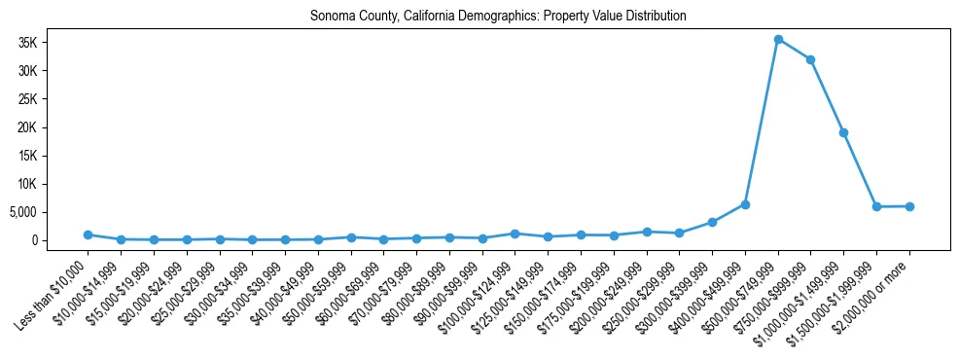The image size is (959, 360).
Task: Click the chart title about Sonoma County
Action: click(498, 16)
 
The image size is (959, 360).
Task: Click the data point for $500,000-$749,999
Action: click(778, 40)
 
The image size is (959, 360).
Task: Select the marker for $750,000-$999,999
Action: click(810, 59)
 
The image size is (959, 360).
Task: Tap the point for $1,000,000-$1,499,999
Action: click(843, 132)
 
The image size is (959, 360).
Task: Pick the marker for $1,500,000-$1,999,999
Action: click(876, 206)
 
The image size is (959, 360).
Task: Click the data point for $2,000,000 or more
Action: click(909, 205)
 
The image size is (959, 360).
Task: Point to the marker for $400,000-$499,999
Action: click(745, 204)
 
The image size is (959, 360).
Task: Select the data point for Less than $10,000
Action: click(88, 234)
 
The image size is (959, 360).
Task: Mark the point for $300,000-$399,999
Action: click(712, 222)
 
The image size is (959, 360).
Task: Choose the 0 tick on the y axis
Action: click(59, 240)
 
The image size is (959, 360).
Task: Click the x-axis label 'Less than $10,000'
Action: click(53, 288)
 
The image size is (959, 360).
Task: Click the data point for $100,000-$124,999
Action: click(515, 234)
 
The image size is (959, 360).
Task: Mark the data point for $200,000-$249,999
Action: click(646, 232)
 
